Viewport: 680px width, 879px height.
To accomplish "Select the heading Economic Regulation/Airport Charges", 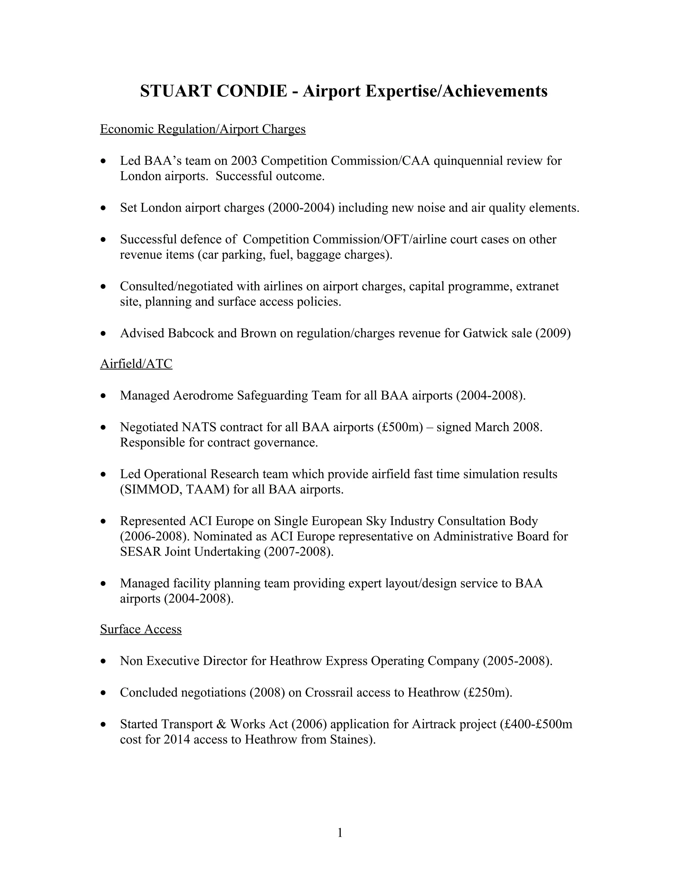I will tap(203, 129).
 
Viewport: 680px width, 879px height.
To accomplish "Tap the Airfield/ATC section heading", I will tap(136, 364).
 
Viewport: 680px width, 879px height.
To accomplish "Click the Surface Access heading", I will tap(140, 629).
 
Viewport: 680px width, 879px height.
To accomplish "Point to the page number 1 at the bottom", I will tap(340, 832).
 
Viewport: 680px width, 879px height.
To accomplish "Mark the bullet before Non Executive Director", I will tap(104, 661).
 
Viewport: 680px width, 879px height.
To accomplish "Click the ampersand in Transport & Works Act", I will tap(221, 724).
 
